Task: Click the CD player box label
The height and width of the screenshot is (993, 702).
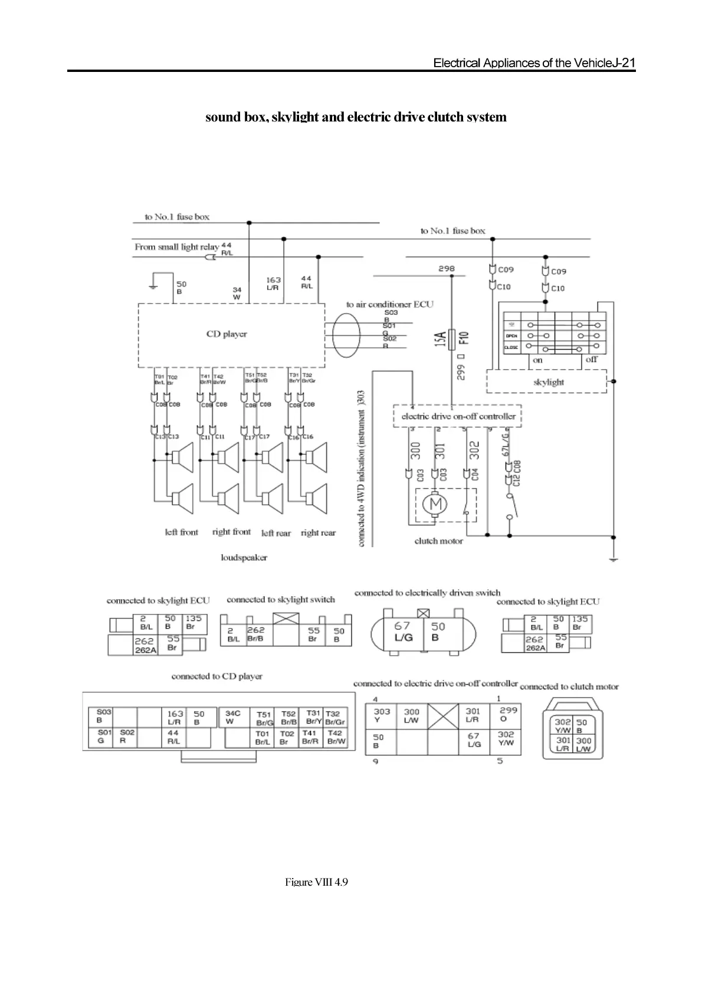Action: (227, 334)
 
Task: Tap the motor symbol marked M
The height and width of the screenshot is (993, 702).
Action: (437, 505)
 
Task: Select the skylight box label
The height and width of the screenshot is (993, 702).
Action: (549, 382)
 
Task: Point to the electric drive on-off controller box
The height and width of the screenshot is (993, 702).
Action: (458, 416)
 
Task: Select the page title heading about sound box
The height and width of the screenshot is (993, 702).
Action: (356, 117)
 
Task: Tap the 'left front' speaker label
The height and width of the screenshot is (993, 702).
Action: (181, 532)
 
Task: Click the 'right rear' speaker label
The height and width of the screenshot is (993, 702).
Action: (318, 533)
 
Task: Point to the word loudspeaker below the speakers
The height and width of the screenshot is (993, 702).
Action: (244, 557)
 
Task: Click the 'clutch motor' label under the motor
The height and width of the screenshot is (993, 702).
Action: (439, 541)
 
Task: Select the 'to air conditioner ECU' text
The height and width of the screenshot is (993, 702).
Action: (389, 304)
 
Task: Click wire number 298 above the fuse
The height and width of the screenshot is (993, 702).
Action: (447, 269)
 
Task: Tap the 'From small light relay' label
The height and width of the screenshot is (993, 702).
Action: (176, 247)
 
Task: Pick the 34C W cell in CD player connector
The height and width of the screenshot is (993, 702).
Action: (233, 717)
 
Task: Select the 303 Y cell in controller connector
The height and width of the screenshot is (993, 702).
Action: (382, 715)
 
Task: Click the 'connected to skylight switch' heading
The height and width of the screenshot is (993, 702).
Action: (281, 600)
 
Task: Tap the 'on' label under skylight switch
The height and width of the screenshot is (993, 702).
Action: (537, 360)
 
